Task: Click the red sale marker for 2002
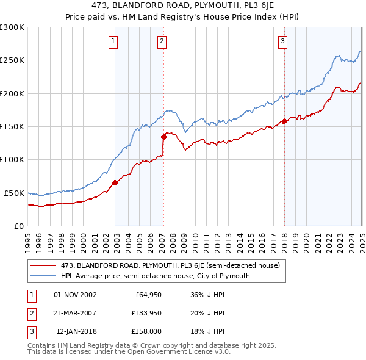[x=115, y=182]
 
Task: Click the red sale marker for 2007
[x=163, y=137]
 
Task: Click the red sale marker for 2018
[x=284, y=121]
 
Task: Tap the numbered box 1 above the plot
[x=114, y=41]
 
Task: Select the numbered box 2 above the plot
[x=162, y=41]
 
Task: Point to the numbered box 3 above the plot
[x=283, y=41]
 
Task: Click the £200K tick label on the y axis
[x=12, y=93]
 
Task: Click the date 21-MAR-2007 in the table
[x=76, y=313]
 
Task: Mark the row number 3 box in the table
[x=30, y=331]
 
